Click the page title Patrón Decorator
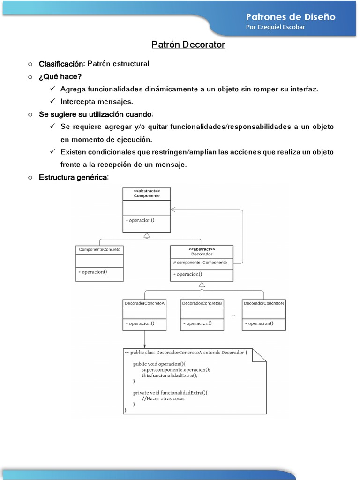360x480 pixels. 188,45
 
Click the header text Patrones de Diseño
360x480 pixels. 291,16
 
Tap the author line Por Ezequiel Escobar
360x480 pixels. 275,27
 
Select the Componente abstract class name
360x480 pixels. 147,196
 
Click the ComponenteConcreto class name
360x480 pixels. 99,250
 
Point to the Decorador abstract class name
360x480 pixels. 202,254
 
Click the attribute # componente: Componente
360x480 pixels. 200,262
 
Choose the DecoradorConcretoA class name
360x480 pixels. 145,303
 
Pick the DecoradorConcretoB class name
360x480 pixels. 202,303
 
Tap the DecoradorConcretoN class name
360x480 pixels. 263,303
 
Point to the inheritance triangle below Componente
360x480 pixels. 147,235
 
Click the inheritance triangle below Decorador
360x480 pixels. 202,285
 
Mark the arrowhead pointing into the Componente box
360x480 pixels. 173,209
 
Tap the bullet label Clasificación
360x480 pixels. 61,64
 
